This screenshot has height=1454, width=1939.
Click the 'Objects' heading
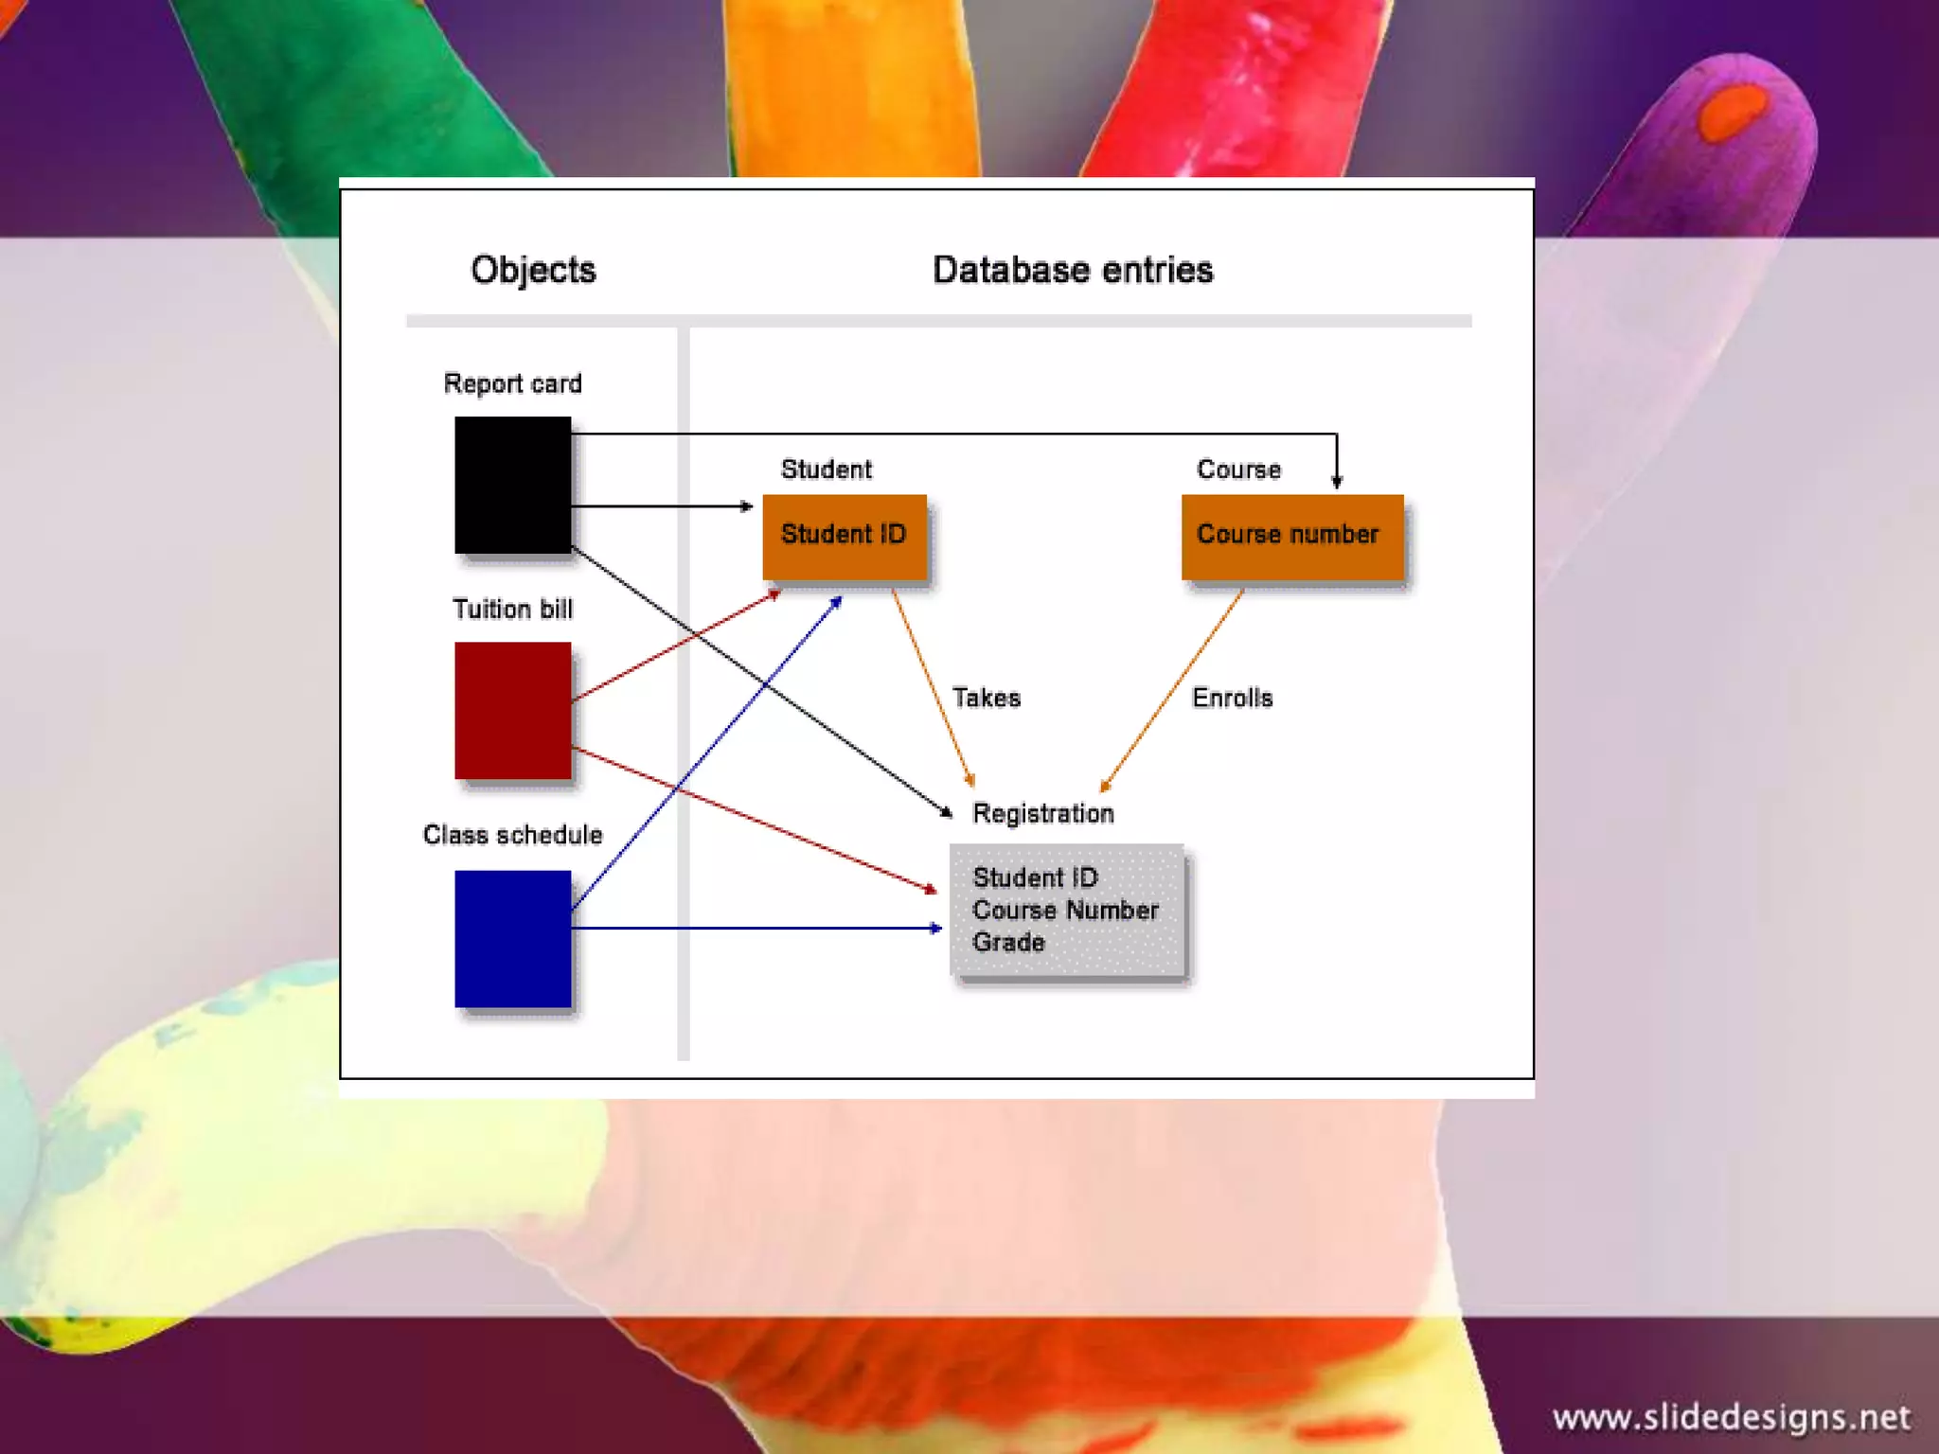coord(533,271)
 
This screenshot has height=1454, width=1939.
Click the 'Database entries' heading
coord(1073,271)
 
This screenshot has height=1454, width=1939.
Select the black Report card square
coord(512,485)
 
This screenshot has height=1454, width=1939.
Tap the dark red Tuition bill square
coord(512,710)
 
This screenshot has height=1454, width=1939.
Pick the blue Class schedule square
coord(512,938)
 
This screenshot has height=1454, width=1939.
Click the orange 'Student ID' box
coord(844,536)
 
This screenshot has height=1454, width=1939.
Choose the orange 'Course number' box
coord(1291,536)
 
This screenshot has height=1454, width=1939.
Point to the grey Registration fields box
coord(1066,910)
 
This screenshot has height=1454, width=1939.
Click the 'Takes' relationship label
coord(986,699)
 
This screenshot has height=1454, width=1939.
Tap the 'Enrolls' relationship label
coord(1232,699)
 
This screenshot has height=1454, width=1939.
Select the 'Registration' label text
coord(1042,814)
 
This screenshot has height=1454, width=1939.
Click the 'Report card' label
coord(512,384)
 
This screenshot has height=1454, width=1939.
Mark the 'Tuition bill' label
coord(512,610)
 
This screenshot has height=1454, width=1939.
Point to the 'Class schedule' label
coord(512,835)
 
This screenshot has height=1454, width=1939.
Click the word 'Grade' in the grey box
coord(1008,943)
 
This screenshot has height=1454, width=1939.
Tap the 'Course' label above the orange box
coord(1238,470)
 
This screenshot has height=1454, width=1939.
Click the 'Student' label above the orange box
coord(826,470)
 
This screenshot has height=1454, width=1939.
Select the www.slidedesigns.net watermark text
coord(1731,1418)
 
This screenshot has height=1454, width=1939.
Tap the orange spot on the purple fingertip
coord(1733,112)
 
